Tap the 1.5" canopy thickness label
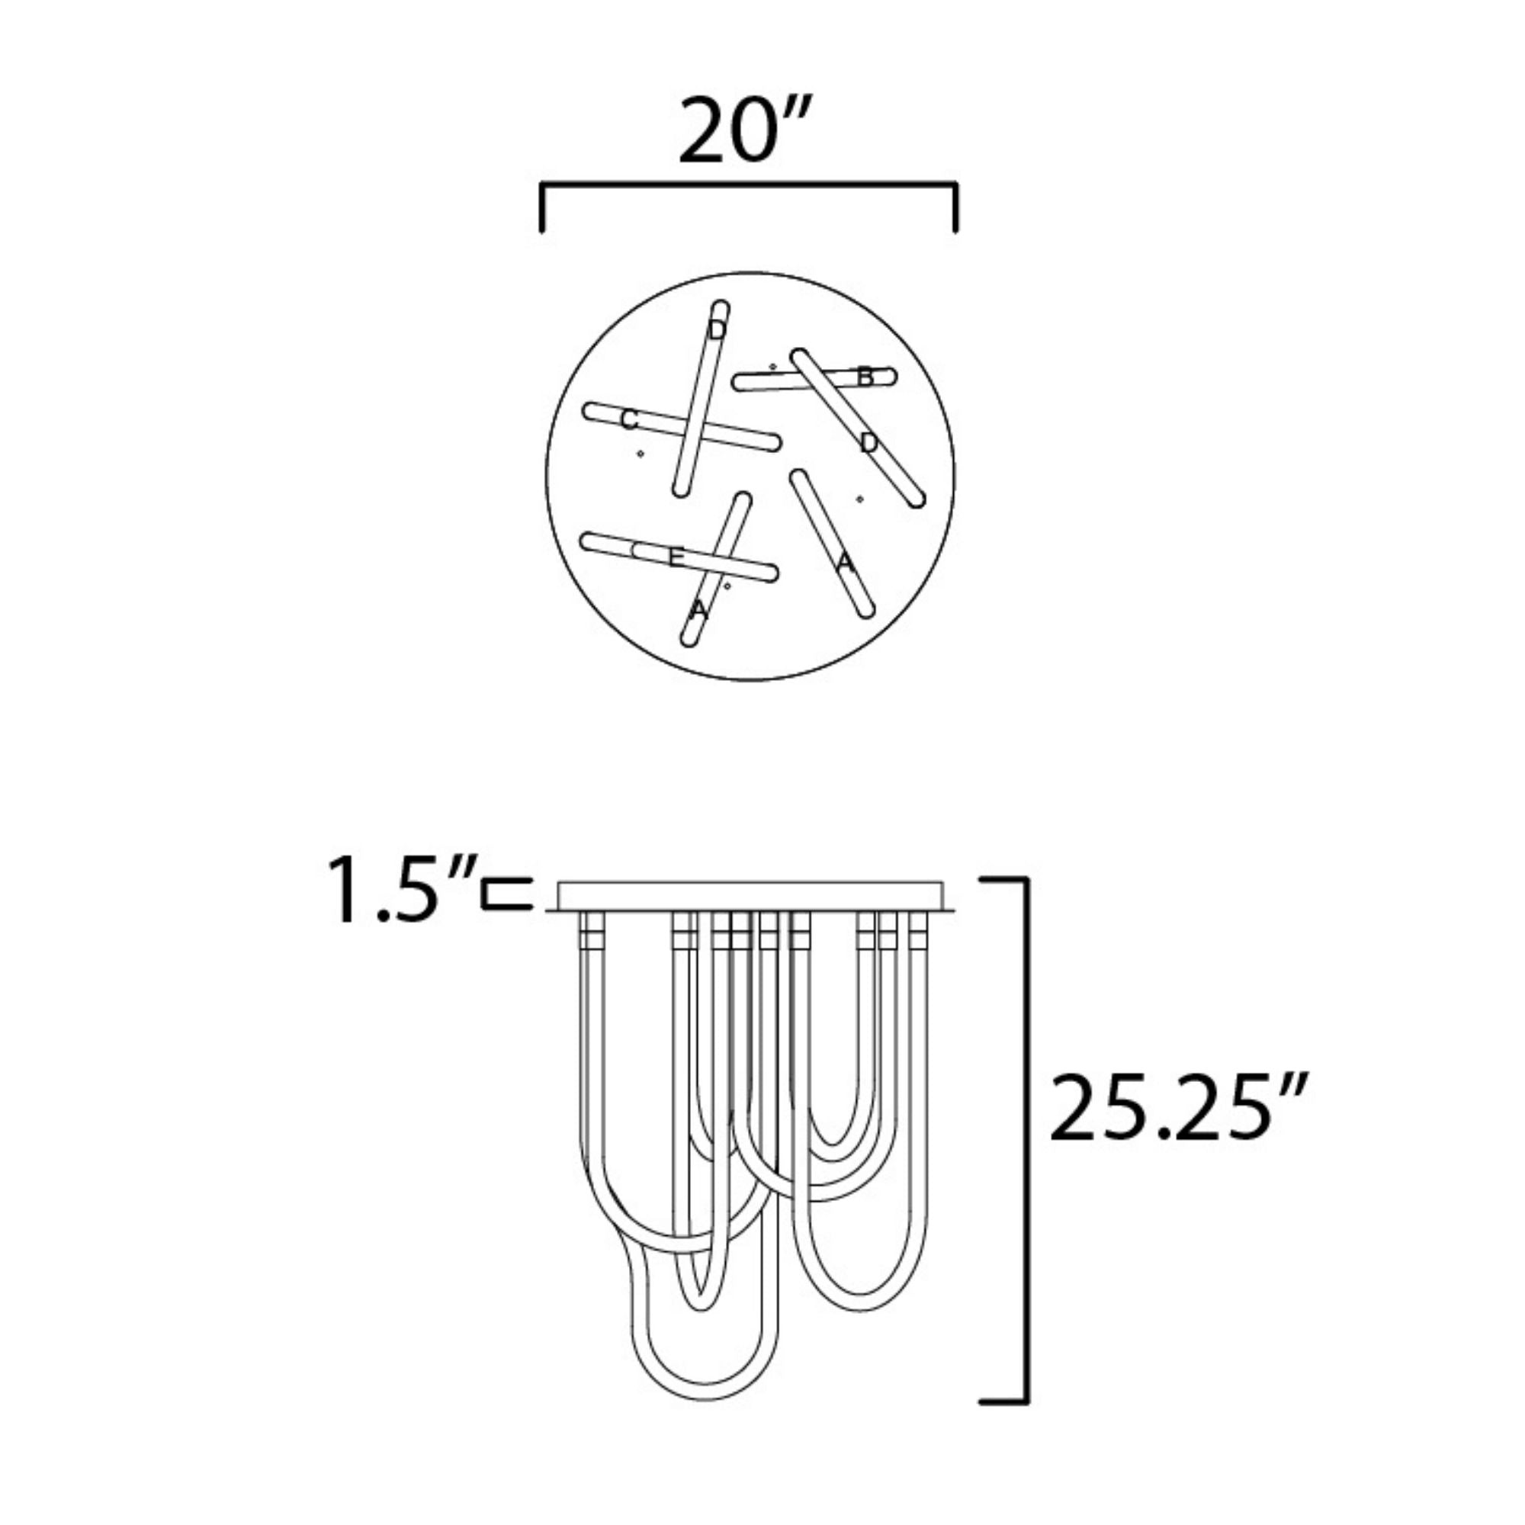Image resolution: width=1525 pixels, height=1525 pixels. click(x=402, y=891)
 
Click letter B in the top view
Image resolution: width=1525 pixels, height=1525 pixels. click(x=866, y=377)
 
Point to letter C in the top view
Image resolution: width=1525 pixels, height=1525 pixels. click(x=629, y=420)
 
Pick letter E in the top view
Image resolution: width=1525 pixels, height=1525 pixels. click(x=676, y=558)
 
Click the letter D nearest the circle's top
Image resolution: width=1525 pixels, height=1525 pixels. click(x=717, y=329)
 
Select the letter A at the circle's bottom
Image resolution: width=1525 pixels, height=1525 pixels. click(x=698, y=609)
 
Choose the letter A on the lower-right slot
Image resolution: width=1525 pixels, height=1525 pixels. click(x=846, y=563)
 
